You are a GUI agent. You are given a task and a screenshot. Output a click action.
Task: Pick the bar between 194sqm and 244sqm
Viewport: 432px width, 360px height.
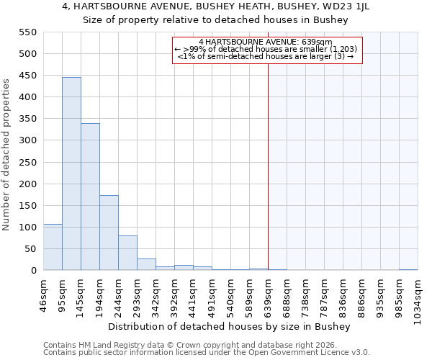[109, 233]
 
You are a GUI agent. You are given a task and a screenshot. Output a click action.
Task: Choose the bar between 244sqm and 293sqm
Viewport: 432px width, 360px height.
[127, 253]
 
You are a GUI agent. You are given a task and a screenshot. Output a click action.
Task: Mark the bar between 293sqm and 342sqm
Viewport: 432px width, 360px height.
[146, 264]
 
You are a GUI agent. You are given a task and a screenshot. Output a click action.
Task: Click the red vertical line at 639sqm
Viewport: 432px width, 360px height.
[268, 166]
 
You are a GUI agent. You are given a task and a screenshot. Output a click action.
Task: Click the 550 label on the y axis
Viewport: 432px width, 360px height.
[27, 32]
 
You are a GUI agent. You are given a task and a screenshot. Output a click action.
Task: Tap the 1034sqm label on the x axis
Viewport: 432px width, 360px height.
[418, 299]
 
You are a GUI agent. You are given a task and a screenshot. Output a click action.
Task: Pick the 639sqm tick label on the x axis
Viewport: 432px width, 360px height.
[268, 296]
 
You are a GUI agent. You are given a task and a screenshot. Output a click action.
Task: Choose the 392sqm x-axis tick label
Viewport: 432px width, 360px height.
[174, 296]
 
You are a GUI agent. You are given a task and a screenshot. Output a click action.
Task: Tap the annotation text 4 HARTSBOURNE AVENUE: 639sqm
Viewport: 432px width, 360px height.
[266, 42]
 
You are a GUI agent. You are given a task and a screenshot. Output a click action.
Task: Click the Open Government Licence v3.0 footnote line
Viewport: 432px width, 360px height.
[206, 353]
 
